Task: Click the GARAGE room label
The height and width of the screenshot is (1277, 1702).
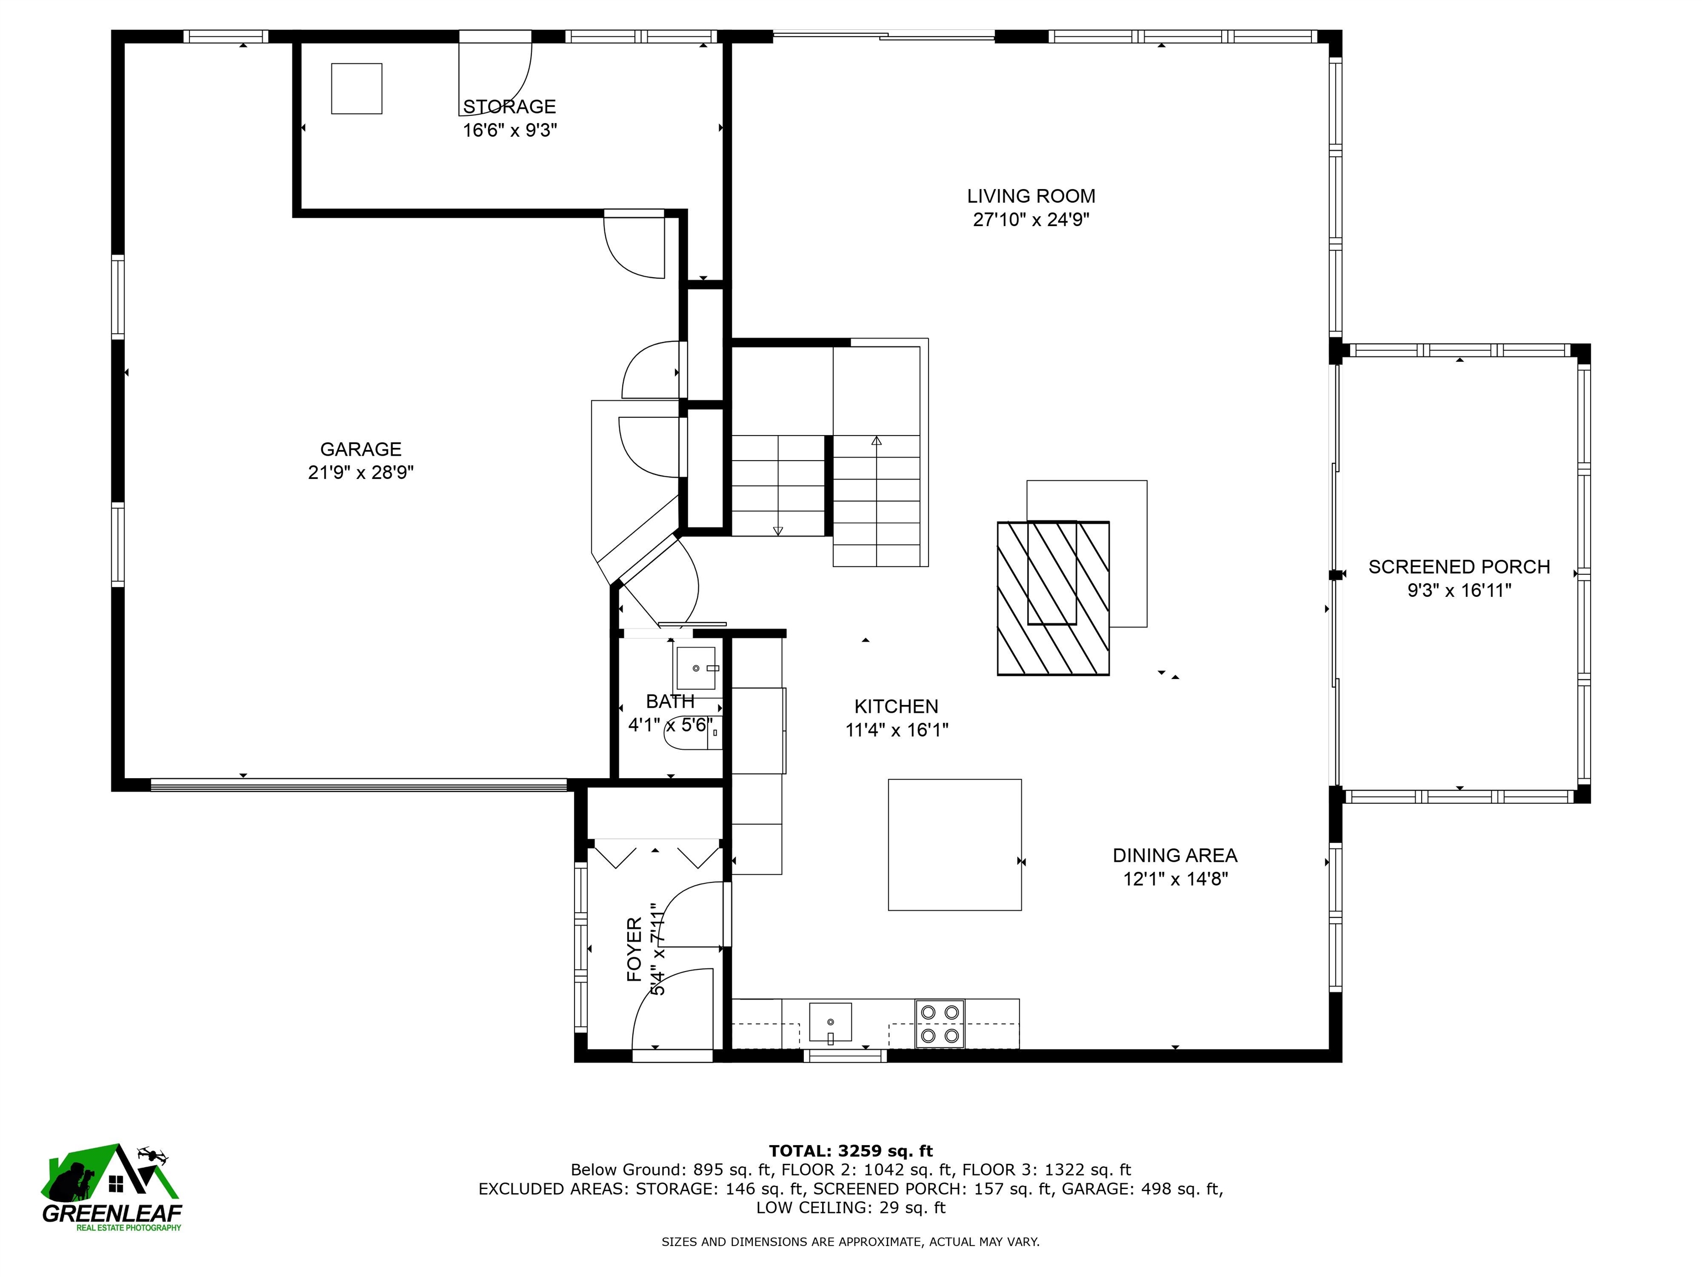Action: [361, 449]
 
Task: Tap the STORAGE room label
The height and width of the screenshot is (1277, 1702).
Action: [509, 106]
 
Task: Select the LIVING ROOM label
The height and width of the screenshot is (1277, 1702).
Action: [1031, 196]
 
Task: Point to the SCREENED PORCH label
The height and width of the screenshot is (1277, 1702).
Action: [1459, 568]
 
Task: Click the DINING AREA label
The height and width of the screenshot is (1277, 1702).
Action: [1175, 855]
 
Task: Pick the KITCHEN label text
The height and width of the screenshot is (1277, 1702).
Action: [896, 707]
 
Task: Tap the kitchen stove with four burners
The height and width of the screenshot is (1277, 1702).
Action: [940, 1024]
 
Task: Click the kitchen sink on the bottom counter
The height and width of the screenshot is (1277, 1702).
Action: [831, 1022]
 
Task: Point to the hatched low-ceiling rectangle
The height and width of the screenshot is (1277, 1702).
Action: [1053, 599]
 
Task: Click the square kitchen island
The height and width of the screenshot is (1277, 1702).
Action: [955, 845]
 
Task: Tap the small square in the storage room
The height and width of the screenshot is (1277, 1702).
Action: [357, 89]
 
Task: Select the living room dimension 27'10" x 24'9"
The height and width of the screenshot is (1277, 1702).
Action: [1031, 220]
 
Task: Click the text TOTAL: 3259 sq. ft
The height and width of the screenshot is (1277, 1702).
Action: [851, 1151]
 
